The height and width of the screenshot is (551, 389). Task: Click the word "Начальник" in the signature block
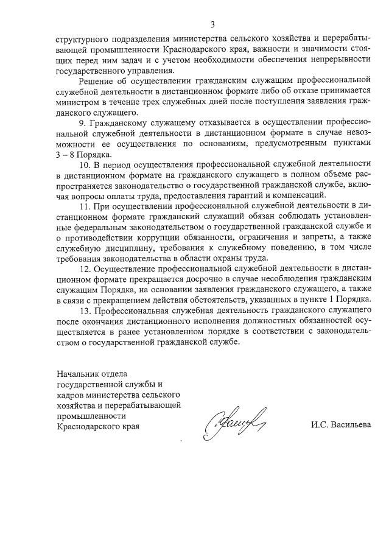76,373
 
